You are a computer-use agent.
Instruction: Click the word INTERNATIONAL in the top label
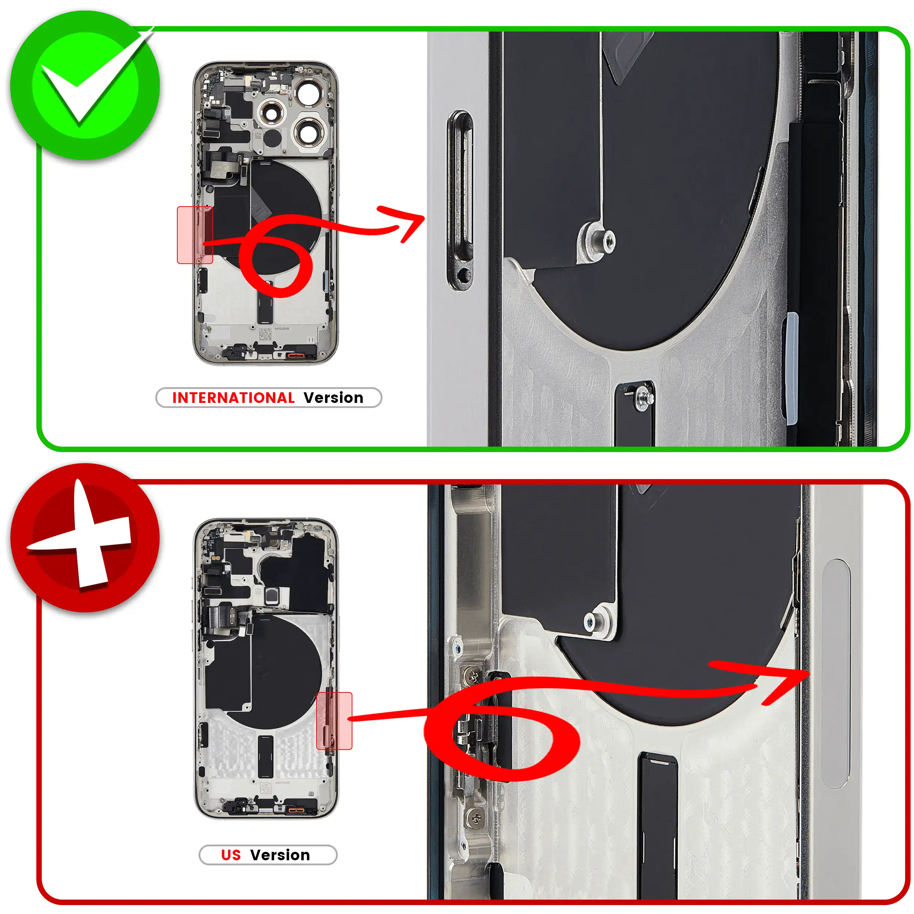point(233,398)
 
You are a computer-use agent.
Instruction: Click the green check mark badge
point(85,85)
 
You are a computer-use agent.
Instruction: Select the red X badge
point(85,537)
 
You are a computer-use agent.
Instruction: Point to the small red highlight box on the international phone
point(195,235)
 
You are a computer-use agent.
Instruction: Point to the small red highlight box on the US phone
point(334,721)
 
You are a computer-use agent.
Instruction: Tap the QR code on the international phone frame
point(265,334)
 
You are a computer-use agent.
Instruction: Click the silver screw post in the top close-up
point(597,240)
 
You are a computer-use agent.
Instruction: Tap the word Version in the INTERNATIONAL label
point(333,398)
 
